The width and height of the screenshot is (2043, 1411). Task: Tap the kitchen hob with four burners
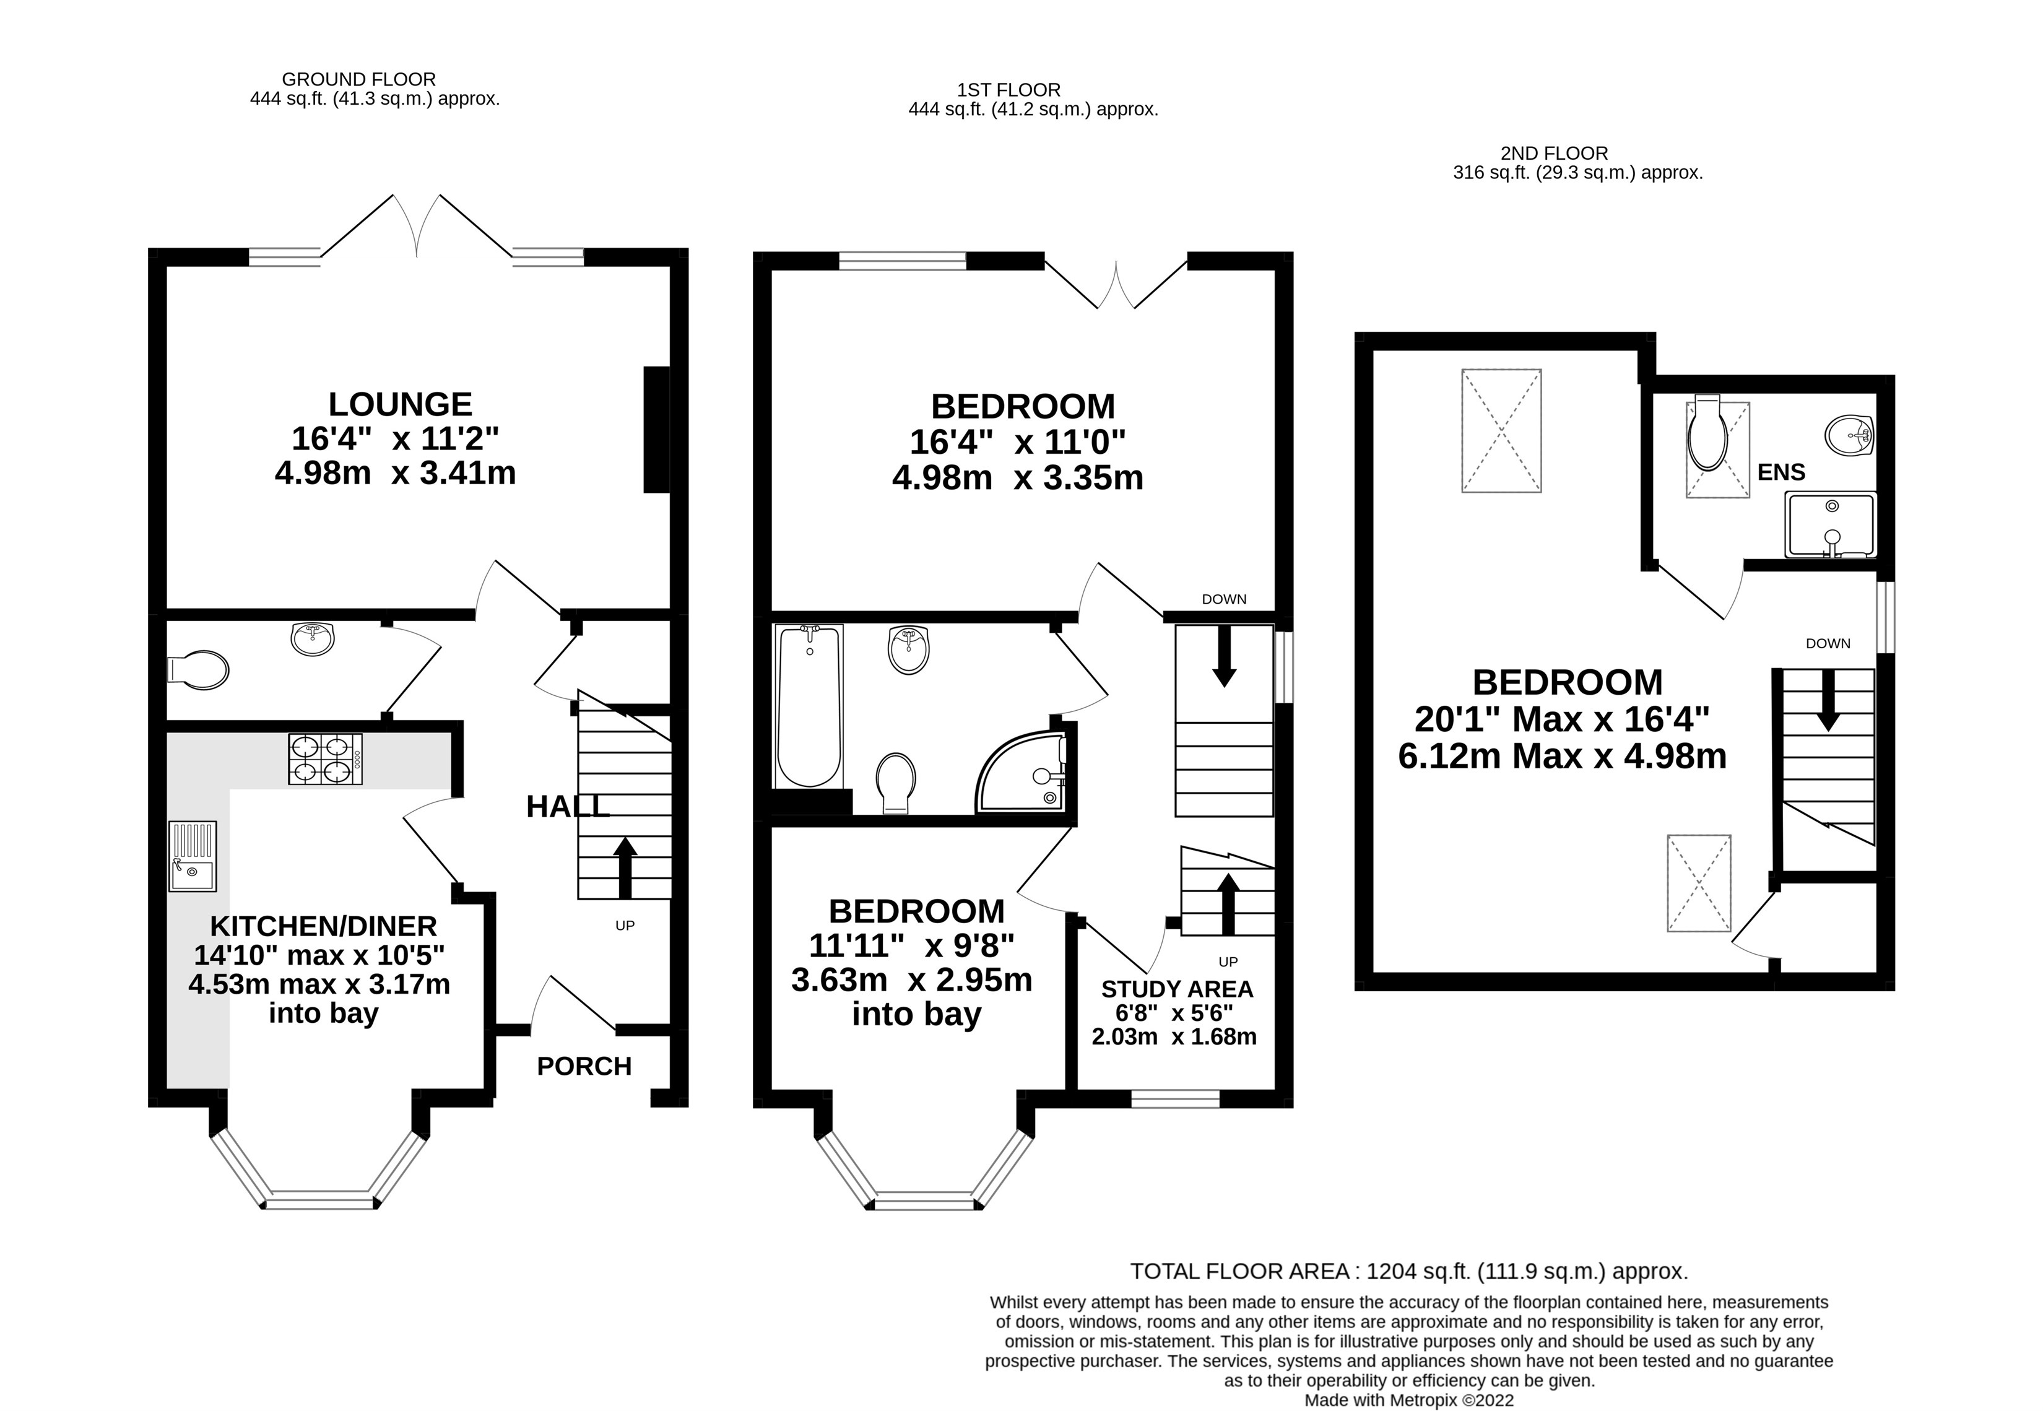(324, 760)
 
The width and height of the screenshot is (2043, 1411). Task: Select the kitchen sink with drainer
(193, 856)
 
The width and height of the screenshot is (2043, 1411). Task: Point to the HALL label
(568, 806)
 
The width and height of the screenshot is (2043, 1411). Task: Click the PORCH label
(584, 1066)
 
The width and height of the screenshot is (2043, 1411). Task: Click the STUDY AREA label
(1177, 989)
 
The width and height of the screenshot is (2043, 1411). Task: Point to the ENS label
(1781, 472)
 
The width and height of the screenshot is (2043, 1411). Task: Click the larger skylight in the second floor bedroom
(1501, 430)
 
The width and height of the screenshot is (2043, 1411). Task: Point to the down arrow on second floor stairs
(1828, 700)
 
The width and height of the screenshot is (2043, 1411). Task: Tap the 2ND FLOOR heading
(1554, 153)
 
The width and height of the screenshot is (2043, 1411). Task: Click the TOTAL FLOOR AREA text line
(1409, 1271)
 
